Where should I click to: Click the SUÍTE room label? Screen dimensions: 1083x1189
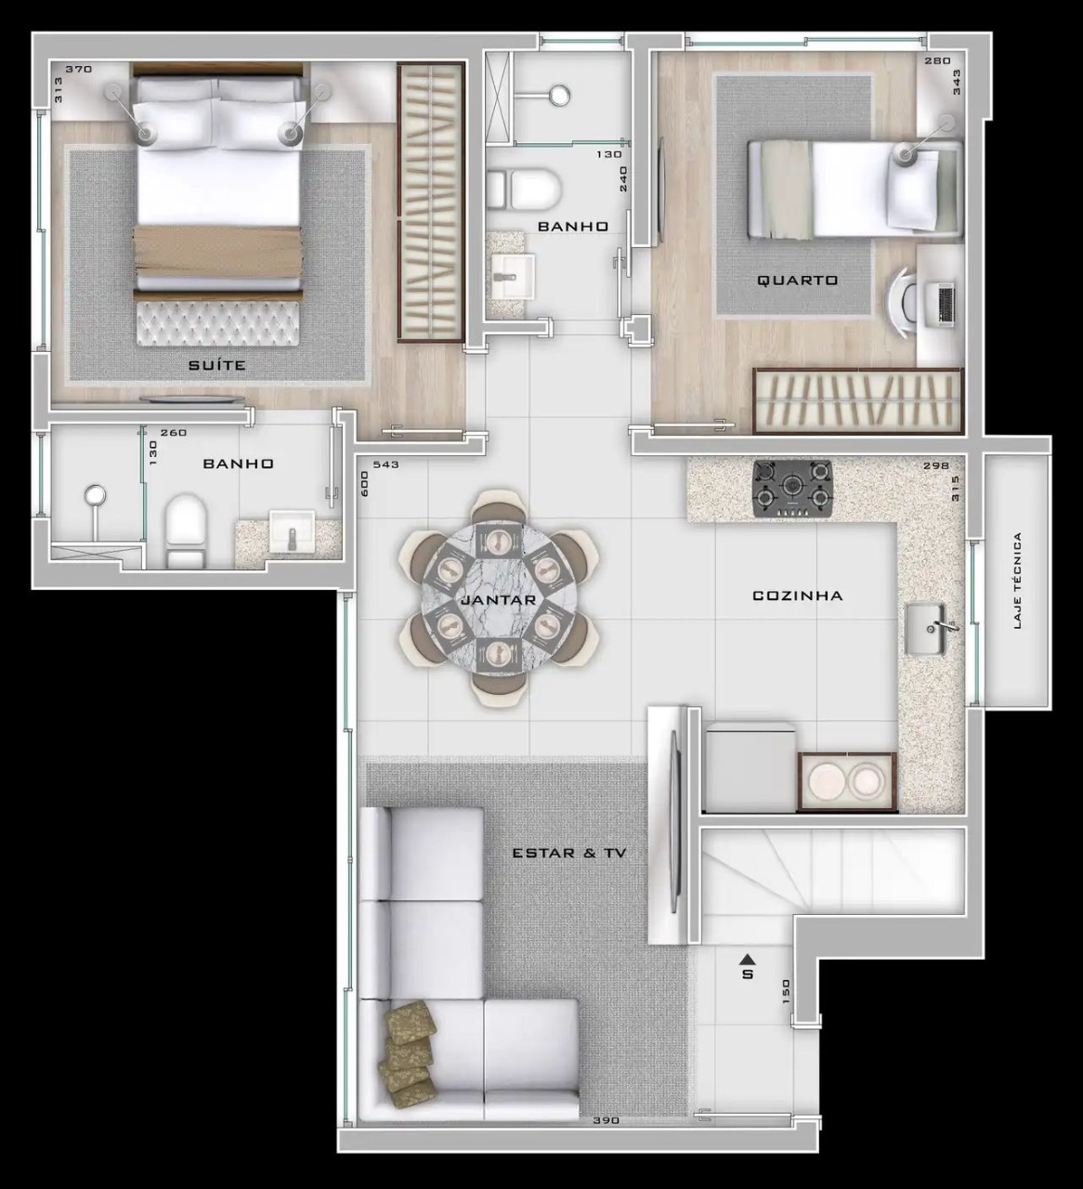coord(217,365)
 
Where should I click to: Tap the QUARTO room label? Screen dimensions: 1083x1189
coord(798,281)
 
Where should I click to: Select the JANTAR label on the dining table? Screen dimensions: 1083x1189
coord(499,600)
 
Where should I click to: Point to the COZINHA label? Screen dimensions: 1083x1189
coord(797,595)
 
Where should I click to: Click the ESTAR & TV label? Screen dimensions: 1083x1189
coord(569,854)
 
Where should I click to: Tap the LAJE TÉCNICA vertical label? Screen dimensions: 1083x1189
coord(1017,581)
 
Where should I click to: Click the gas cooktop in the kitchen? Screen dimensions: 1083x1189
coord(793,488)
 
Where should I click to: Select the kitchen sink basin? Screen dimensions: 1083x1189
coord(928,629)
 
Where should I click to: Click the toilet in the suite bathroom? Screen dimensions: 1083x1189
coord(185,531)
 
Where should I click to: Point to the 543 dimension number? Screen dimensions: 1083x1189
coord(385,464)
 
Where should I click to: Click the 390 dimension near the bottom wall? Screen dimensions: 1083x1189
coord(607,1120)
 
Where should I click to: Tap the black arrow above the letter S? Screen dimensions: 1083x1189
coord(748,958)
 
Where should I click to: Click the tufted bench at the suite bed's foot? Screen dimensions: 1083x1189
coord(217,323)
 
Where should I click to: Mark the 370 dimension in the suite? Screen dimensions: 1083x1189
coord(79,69)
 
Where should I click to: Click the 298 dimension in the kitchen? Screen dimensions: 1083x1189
coord(936,465)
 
